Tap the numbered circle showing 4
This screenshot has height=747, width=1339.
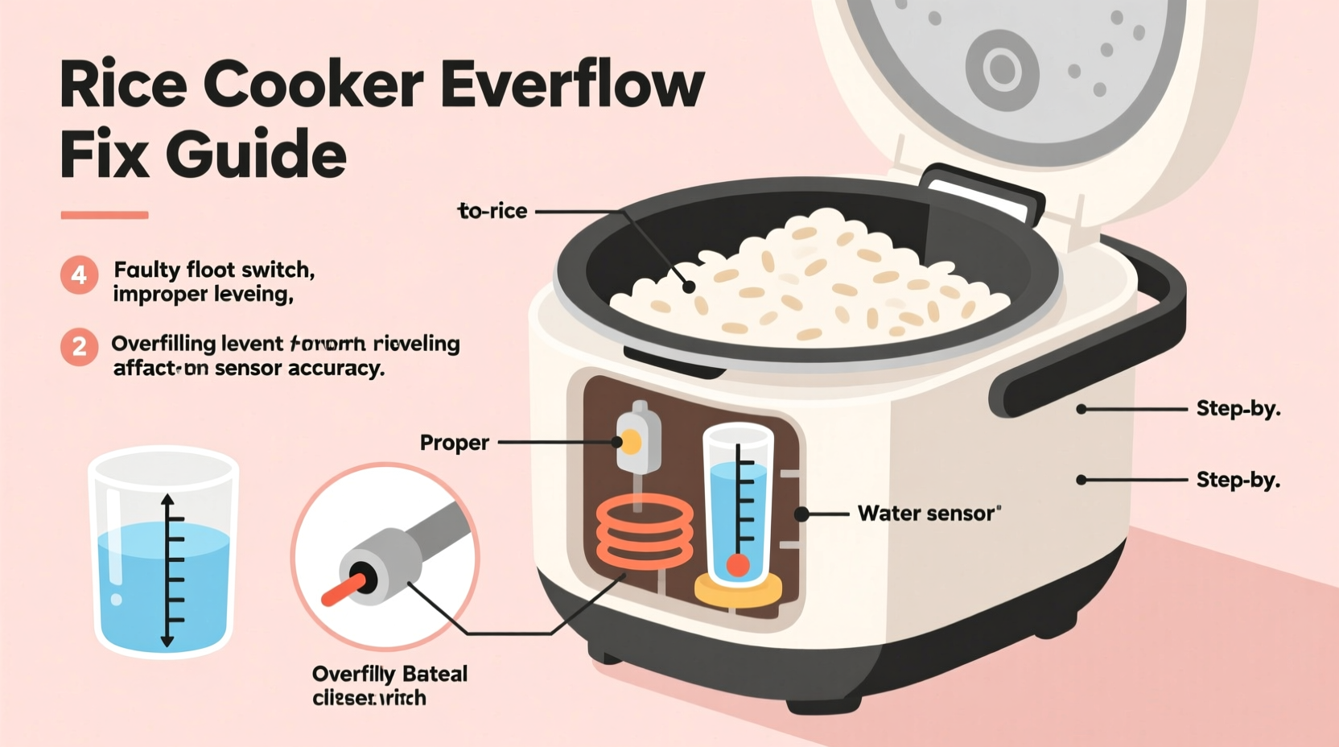point(79,275)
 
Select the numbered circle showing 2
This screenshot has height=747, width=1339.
point(79,347)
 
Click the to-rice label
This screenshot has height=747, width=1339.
point(492,211)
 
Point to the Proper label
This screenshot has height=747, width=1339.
point(454,443)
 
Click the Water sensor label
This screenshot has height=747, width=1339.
point(928,514)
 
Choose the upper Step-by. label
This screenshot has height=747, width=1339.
point(1238,409)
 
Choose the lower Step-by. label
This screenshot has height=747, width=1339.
point(1238,480)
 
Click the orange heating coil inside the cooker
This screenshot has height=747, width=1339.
point(644,531)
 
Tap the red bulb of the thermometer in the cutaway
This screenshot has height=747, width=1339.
point(738,565)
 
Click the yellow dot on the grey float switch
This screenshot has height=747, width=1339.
point(631,442)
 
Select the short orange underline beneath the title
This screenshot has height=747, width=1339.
point(105,215)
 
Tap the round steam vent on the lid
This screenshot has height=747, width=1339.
point(1003,69)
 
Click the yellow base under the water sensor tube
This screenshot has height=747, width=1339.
point(738,592)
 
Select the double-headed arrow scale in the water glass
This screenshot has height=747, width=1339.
point(167,570)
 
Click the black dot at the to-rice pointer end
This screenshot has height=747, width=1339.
point(689,287)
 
